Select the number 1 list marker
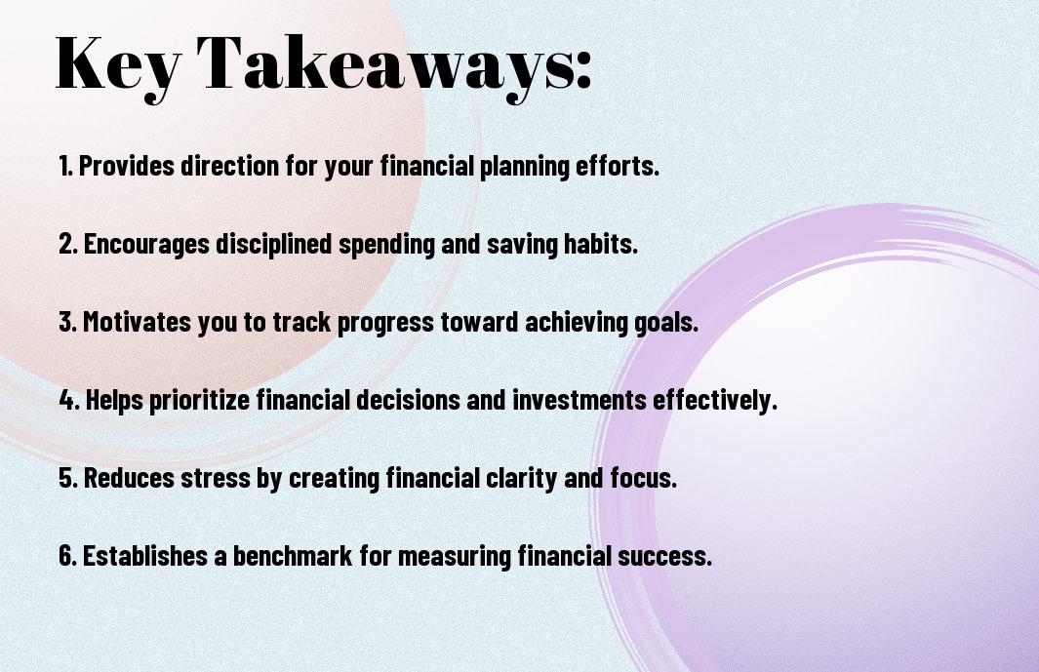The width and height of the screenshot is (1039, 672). tap(65, 166)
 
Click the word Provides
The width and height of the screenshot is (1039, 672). tap(127, 166)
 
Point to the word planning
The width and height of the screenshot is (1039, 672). tap(524, 167)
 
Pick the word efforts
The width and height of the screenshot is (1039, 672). tap(617, 166)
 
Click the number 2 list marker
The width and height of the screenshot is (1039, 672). tap(67, 244)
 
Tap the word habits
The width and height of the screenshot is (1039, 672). tap(600, 244)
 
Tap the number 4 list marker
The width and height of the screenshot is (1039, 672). tap(69, 400)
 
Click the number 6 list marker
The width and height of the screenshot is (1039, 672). tap(67, 556)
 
